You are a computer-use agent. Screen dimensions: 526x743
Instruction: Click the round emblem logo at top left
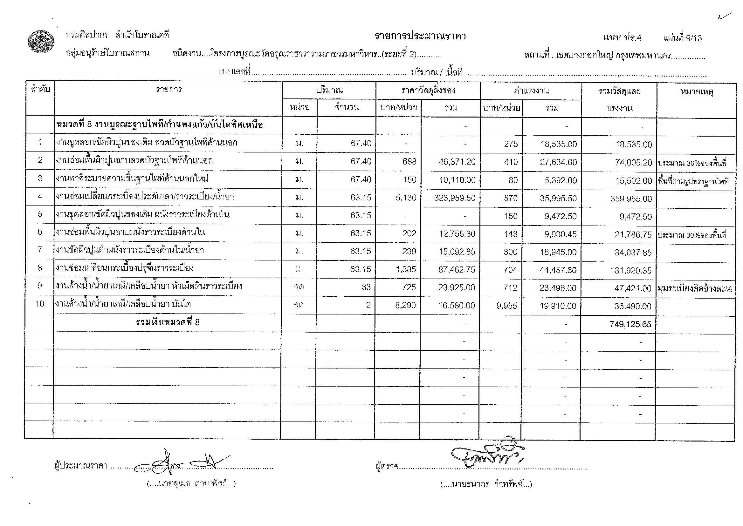coord(40,42)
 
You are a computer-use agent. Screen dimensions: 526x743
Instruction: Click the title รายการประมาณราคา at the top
coord(420,36)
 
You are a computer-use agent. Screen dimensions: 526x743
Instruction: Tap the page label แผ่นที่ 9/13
coord(682,38)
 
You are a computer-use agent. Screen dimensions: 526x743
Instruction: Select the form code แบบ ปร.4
coord(622,38)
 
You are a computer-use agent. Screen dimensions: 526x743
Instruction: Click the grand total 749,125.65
coord(630,324)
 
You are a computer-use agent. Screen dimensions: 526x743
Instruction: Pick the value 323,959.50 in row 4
coord(455,198)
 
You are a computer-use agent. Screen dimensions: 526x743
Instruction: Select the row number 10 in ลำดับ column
coord(39,304)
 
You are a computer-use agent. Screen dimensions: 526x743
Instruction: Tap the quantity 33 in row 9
coord(366,287)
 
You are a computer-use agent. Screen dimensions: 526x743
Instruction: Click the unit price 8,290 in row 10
coord(405,305)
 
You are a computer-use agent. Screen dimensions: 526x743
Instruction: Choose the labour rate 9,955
coord(507,306)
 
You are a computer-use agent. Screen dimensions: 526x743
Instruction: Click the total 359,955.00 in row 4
coord(631,199)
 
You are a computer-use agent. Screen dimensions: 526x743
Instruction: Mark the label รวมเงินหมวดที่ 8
coord(168,322)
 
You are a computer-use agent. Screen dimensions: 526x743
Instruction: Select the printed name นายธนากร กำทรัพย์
coord(486,484)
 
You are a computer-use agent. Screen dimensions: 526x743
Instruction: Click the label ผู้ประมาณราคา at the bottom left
coord(81,466)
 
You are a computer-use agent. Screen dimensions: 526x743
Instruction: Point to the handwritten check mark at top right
coord(724,16)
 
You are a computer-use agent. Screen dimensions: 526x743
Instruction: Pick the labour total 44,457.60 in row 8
coord(558,270)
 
